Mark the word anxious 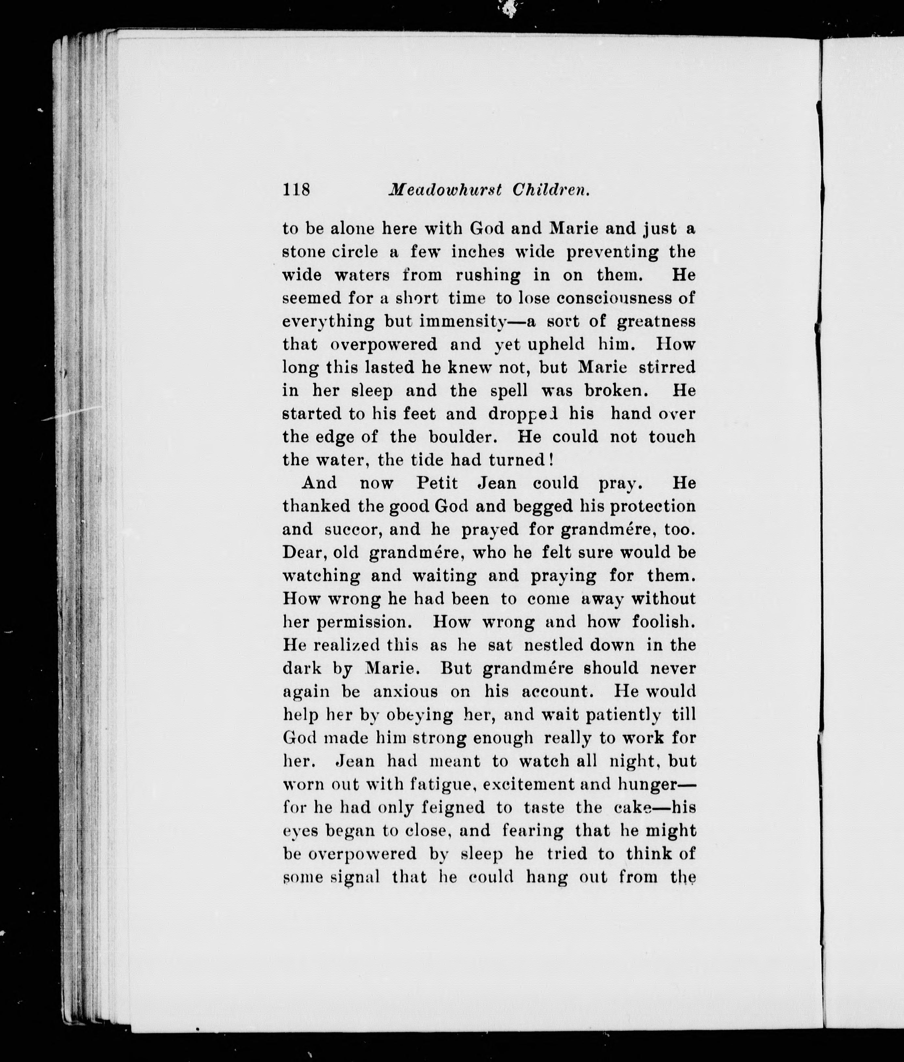click(x=405, y=692)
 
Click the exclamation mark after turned click(x=551, y=460)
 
